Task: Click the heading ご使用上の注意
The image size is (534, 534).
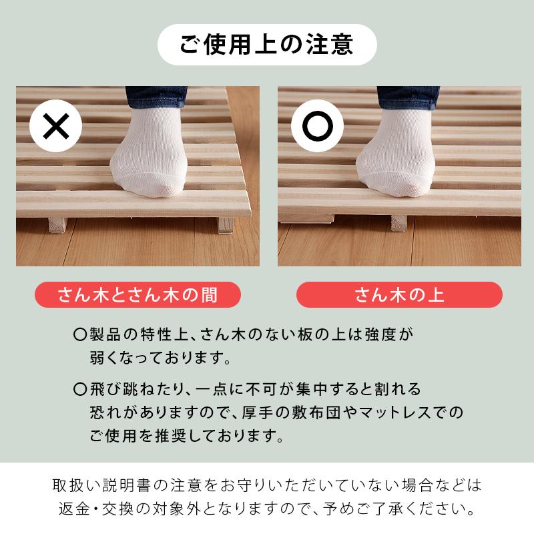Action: [x=267, y=45]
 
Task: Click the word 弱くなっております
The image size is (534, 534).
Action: [x=160, y=358]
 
